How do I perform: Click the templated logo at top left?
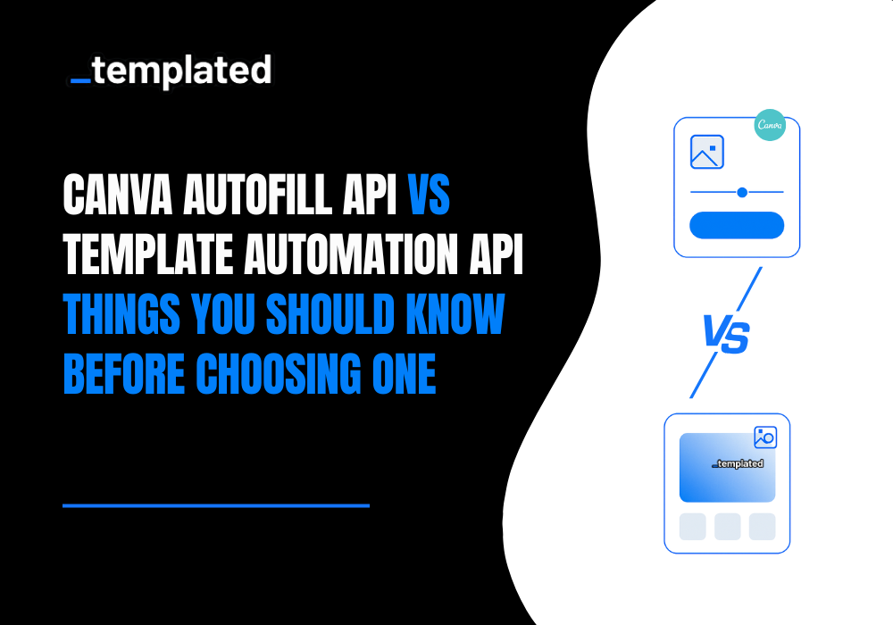click(171, 71)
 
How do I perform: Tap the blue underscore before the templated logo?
click(79, 81)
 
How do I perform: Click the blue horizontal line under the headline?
click(216, 505)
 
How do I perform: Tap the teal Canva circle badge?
click(769, 126)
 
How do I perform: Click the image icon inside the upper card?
click(707, 152)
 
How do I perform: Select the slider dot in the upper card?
click(741, 192)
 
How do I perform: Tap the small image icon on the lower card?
click(765, 437)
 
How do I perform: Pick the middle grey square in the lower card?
click(727, 527)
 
